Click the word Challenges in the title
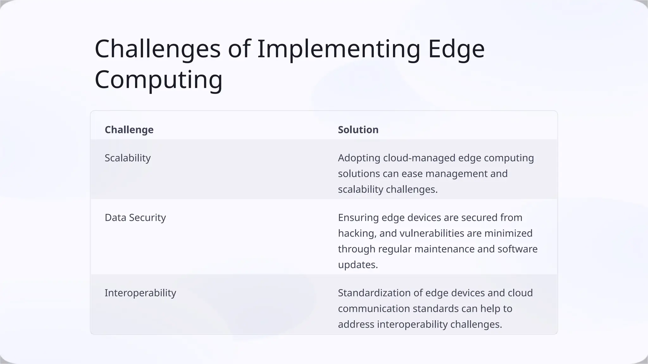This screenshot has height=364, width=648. pyautogui.click(x=157, y=49)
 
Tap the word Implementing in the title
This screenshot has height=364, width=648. pyautogui.click(x=339, y=49)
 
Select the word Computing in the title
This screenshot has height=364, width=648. pyautogui.click(x=159, y=80)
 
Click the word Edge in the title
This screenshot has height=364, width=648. pyautogui.click(x=456, y=49)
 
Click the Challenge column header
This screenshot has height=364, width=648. pyautogui.click(x=129, y=130)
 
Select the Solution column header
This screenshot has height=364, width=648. pyautogui.click(x=358, y=130)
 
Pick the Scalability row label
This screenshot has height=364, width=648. pyautogui.click(x=128, y=158)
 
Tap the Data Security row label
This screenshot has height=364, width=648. pyautogui.click(x=135, y=217)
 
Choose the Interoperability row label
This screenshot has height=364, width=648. pyautogui.click(x=140, y=293)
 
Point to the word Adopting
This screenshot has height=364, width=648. pyautogui.click(x=359, y=158)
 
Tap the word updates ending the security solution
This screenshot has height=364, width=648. pyautogui.click(x=358, y=264)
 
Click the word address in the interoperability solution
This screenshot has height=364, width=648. pyautogui.click(x=356, y=324)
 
